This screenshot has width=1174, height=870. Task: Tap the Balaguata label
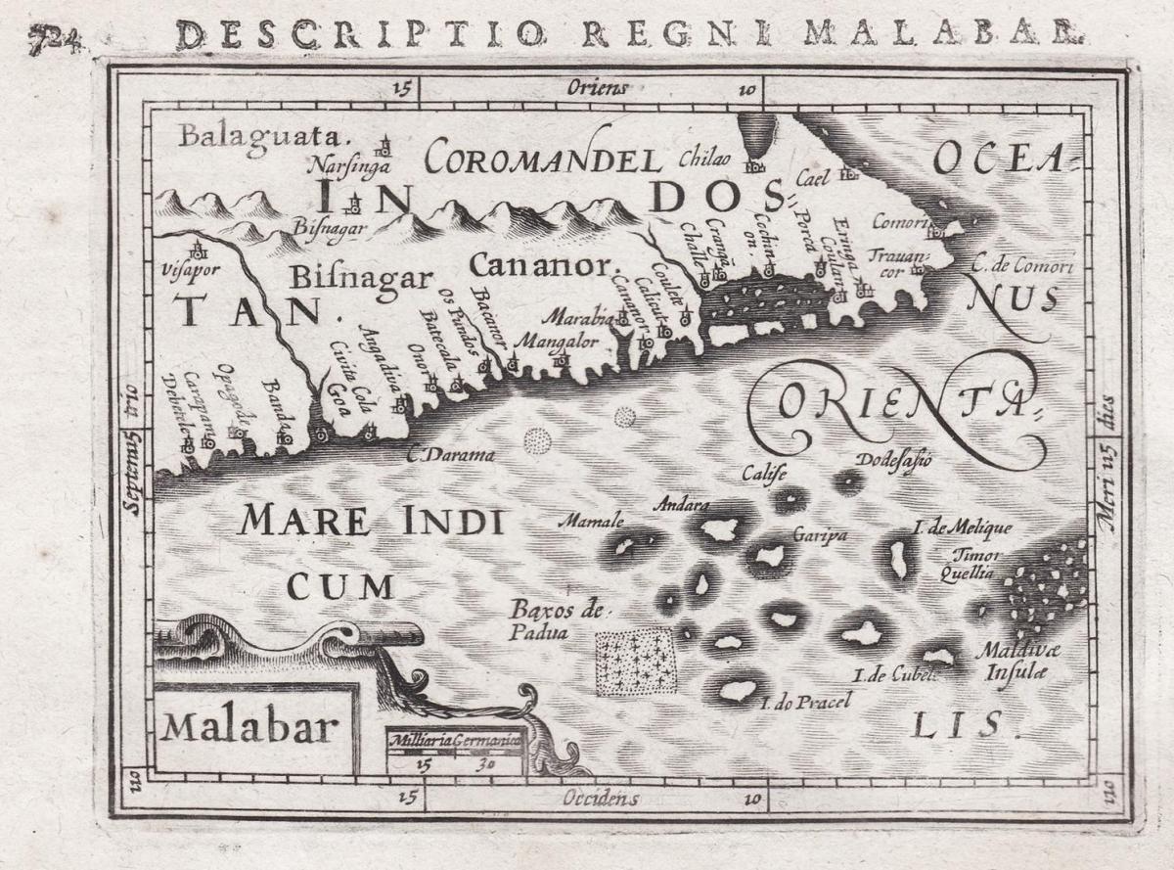coord(258,135)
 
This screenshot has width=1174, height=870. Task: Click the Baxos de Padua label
coord(553,620)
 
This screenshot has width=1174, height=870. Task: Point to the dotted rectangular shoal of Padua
coord(637,662)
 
